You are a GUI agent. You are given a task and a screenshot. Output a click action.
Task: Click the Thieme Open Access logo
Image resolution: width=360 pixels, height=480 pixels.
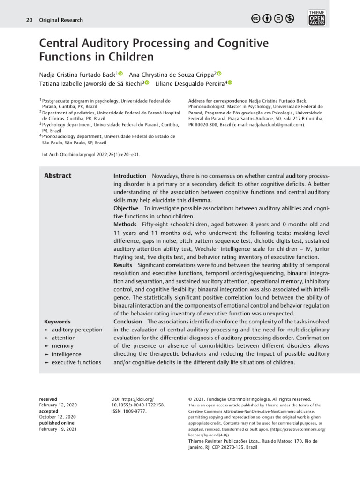tap(317, 17)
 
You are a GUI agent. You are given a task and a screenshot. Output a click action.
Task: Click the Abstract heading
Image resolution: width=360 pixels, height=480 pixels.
tap(58, 176)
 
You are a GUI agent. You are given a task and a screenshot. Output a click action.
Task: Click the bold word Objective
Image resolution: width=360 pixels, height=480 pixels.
tap(126, 208)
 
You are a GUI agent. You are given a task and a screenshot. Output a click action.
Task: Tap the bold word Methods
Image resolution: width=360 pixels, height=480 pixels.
tap(125, 225)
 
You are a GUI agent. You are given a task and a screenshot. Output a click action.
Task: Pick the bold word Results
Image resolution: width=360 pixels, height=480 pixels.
tap(123, 265)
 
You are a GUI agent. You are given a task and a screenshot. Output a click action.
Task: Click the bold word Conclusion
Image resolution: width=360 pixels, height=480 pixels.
tap(127, 322)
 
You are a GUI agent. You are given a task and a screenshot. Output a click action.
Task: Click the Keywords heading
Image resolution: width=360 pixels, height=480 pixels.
tap(57, 322)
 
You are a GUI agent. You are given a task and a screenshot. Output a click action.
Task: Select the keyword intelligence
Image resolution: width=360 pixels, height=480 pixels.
tap(66, 354)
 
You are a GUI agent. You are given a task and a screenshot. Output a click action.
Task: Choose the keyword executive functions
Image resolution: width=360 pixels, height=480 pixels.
tap(76, 362)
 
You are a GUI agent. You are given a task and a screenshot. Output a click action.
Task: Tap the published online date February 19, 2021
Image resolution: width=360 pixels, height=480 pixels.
tap(58, 429)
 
